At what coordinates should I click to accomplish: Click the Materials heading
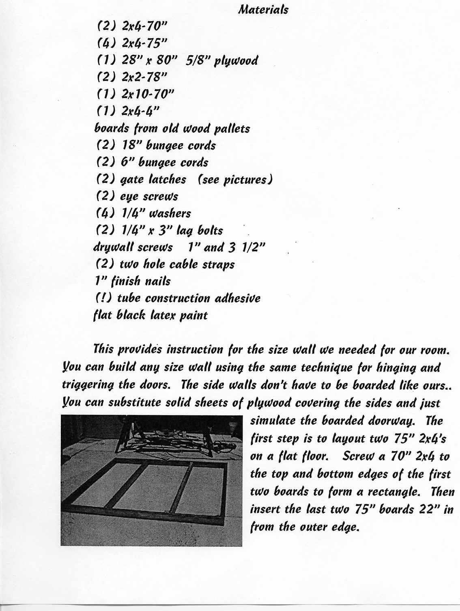[x=263, y=9]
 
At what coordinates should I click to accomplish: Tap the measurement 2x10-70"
[x=148, y=94]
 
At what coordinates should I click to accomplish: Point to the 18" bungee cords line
[x=156, y=145]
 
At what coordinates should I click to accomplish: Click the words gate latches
[x=153, y=179]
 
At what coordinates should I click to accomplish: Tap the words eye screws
[x=149, y=196]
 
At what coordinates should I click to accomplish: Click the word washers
[x=170, y=213]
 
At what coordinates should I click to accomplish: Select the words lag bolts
[x=202, y=230]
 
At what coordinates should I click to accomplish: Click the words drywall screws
[x=133, y=247]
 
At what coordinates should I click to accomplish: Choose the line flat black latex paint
[x=150, y=315]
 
